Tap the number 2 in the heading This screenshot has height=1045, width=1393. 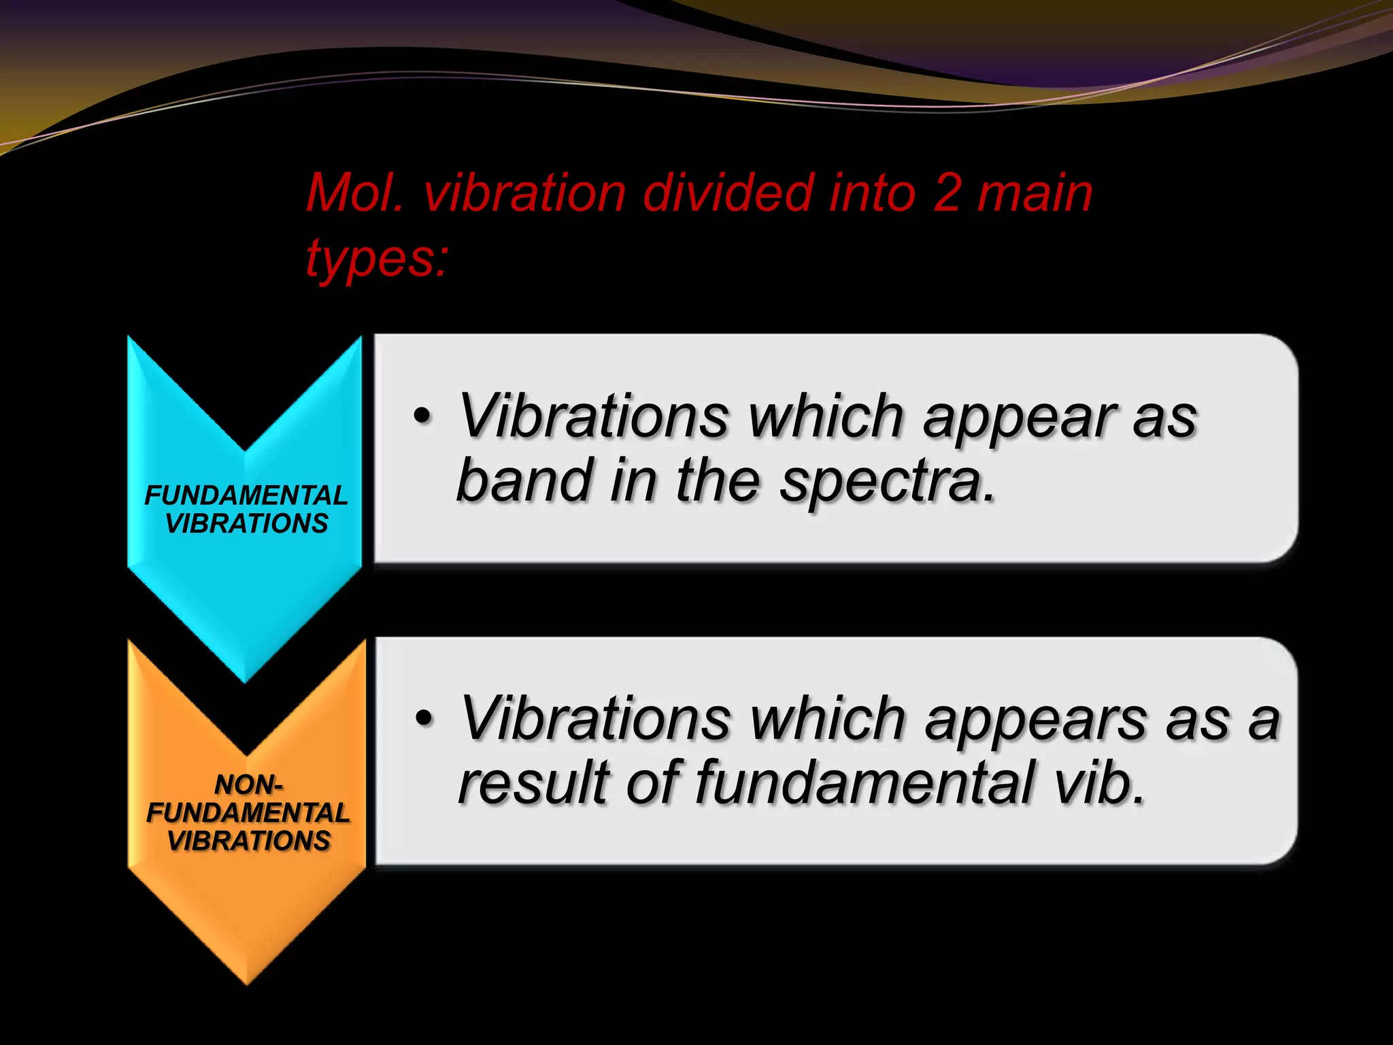946,194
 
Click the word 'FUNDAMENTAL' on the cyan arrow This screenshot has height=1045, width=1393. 246,495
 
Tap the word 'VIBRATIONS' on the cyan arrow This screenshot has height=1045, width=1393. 246,524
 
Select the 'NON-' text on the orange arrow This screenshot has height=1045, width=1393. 248,785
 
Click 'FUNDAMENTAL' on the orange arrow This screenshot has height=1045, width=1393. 248,813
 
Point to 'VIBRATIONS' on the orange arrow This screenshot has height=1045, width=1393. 248,842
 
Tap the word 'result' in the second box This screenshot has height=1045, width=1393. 533,782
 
